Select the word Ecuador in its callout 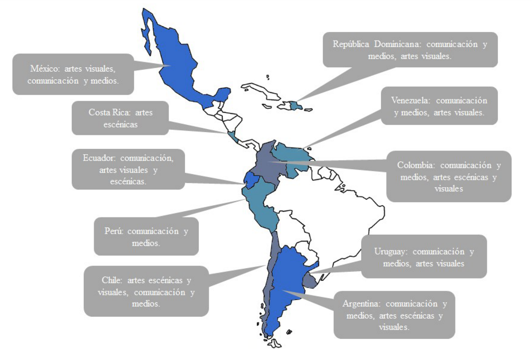pyautogui.click(x=99, y=158)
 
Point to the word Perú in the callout pyautogui.click(x=114, y=231)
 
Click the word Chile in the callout pyautogui.click(x=112, y=280)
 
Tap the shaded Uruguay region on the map pyautogui.click(x=310, y=280)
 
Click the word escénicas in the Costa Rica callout pyautogui.click(x=120, y=125)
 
